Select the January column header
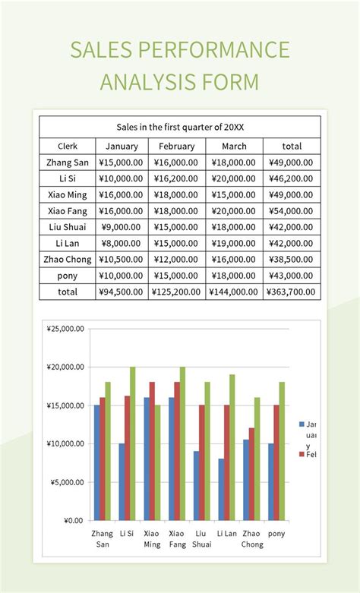(x=122, y=146)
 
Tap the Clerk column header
(x=67, y=146)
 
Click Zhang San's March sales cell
(x=234, y=162)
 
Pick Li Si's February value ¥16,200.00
(x=176, y=178)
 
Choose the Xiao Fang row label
(x=67, y=211)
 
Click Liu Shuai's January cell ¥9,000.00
(x=122, y=227)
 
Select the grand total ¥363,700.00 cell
(x=292, y=292)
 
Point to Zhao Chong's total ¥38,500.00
(x=292, y=260)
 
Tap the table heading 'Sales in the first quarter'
(x=180, y=127)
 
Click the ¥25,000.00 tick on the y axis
(x=65, y=330)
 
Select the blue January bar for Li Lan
(x=222, y=490)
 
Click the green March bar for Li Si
(x=132, y=444)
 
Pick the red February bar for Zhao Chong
(x=251, y=475)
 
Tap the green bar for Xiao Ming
(x=157, y=463)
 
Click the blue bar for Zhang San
(x=97, y=463)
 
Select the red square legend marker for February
(x=302, y=454)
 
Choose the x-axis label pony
(x=277, y=534)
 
